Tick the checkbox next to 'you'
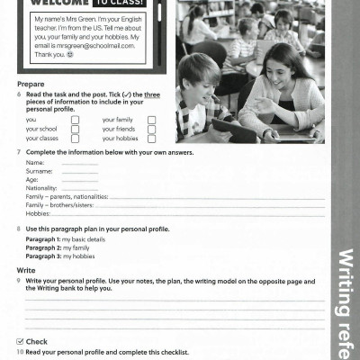point(75,120)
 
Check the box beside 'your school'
point(75,129)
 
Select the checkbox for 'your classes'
point(75,139)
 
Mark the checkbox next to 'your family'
point(151,120)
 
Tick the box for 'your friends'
point(151,129)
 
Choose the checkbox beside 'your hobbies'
point(151,139)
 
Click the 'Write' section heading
point(27,270)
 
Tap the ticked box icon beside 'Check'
point(21,342)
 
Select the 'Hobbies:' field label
point(38,213)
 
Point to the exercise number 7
point(19,152)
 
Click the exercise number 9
point(19,281)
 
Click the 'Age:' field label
point(32,178)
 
